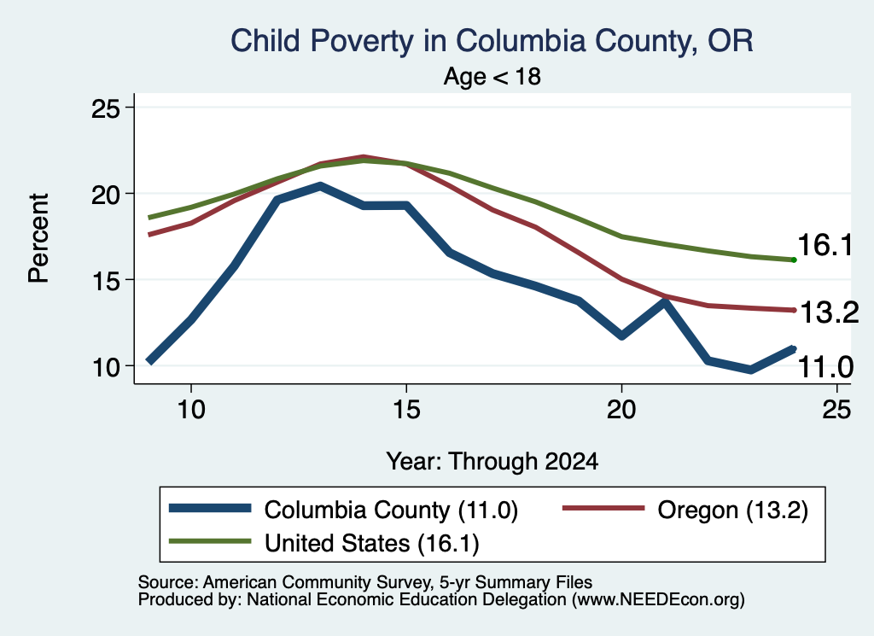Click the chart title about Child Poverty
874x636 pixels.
click(x=492, y=41)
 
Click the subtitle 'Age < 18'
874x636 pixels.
click(x=492, y=76)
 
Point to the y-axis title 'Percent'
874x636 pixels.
click(x=38, y=238)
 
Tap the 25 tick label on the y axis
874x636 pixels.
click(x=105, y=108)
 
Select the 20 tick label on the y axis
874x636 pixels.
click(x=105, y=195)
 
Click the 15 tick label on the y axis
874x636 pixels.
click(x=105, y=281)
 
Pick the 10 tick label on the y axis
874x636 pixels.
click(x=105, y=367)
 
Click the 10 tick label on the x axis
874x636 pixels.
click(x=191, y=410)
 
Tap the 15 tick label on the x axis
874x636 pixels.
click(x=406, y=410)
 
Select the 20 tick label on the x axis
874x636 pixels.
click(x=621, y=410)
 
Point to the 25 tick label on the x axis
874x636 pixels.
click(x=836, y=410)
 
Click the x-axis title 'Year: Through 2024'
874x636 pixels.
click(x=492, y=462)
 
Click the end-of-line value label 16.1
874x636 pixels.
click(x=825, y=245)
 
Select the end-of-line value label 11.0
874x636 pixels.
click(x=825, y=367)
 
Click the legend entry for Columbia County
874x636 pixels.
click(x=343, y=510)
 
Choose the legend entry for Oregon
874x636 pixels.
click(x=685, y=510)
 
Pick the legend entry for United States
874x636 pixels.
click(x=323, y=543)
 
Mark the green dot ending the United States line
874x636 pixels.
click(x=794, y=260)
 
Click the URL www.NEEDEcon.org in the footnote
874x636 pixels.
click(x=657, y=600)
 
